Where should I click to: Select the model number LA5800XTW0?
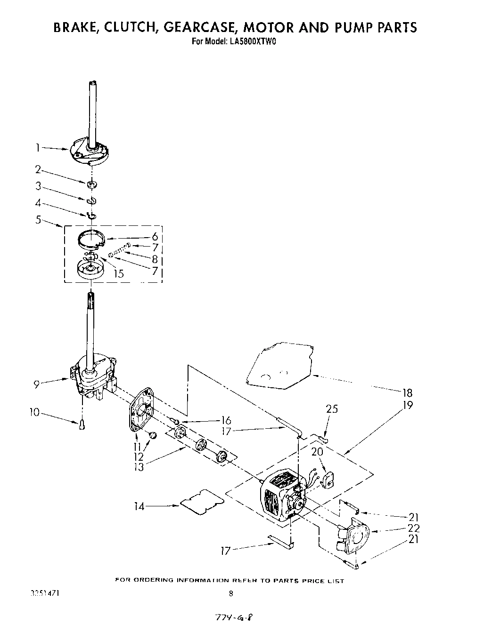(253, 41)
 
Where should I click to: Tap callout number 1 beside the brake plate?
(37, 148)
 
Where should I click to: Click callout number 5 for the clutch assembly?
(38, 219)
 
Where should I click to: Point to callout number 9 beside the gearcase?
(36, 384)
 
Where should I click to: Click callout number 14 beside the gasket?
(139, 506)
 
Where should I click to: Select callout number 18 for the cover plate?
(407, 393)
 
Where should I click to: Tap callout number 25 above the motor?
(332, 408)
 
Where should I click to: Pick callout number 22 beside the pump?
(413, 528)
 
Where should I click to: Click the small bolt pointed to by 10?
(82, 425)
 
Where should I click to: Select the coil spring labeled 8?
(121, 250)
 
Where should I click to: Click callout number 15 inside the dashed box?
(119, 273)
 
